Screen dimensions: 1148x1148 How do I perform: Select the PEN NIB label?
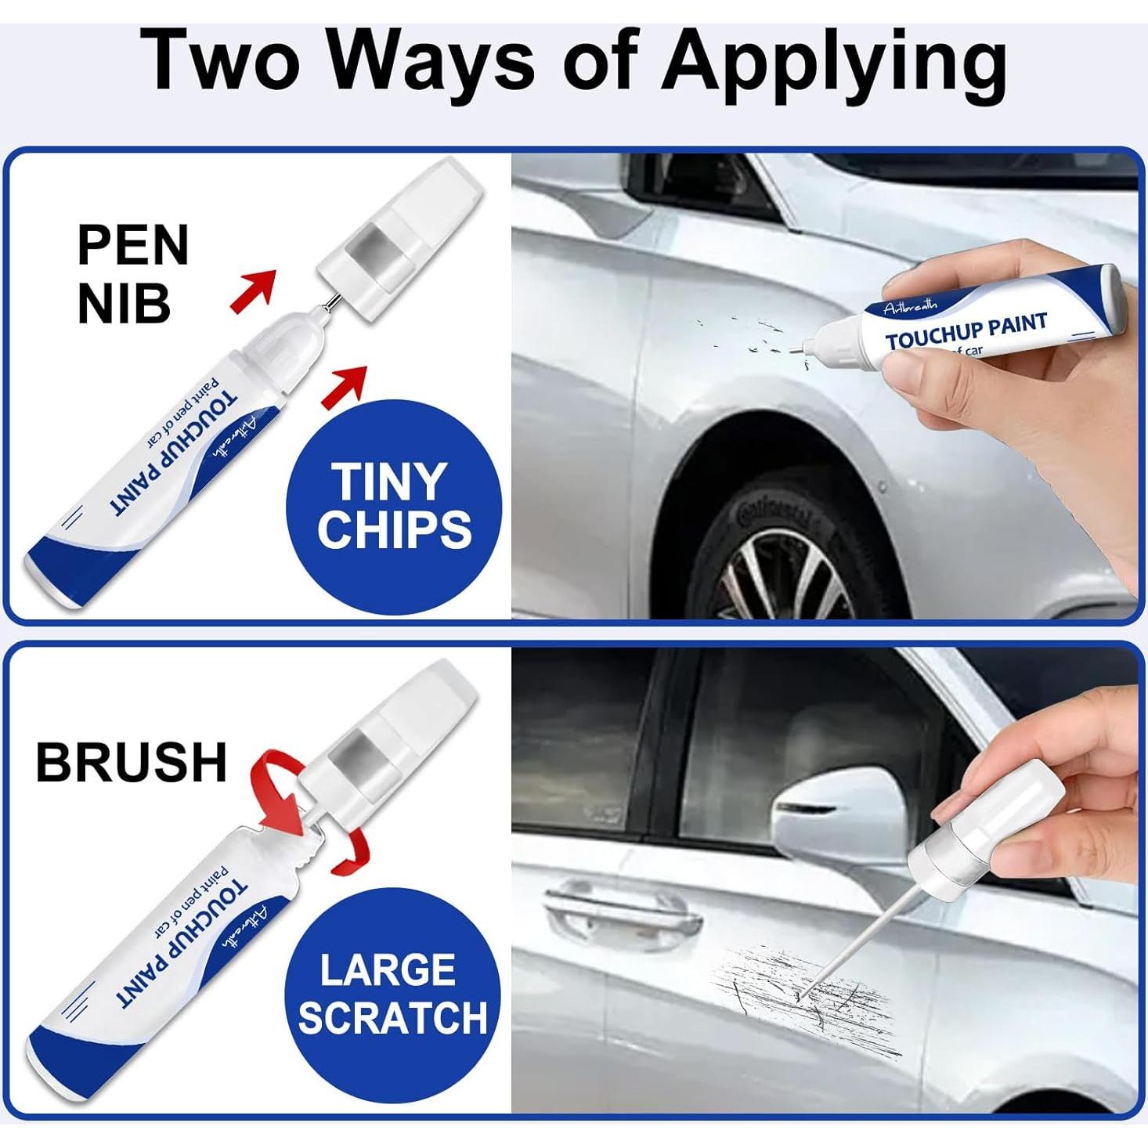click(132, 273)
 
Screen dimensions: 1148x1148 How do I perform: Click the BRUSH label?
click(131, 761)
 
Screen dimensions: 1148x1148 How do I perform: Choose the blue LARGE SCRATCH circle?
click(392, 995)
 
